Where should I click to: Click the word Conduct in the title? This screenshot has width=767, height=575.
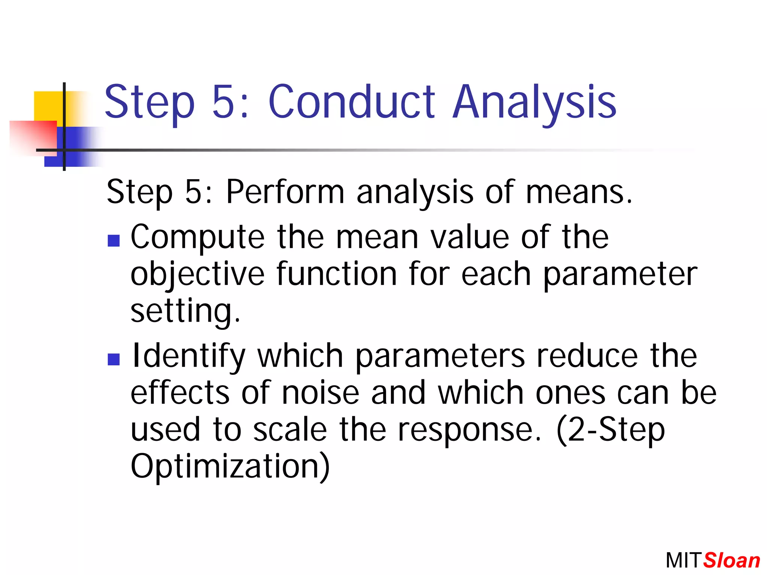click(351, 102)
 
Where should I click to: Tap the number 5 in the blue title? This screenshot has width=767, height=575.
click(224, 102)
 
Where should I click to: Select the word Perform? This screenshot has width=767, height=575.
click(285, 192)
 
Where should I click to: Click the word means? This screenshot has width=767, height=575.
click(578, 192)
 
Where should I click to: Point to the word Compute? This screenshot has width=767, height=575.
click(197, 238)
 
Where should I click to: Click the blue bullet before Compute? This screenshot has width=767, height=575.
click(113, 240)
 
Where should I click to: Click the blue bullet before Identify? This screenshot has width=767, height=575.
click(113, 359)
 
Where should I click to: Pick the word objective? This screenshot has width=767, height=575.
click(197, 274)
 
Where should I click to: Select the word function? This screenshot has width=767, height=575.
click(336, 274)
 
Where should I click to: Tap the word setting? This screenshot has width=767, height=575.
click(185, 311)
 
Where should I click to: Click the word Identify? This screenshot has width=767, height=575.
click(188, 356)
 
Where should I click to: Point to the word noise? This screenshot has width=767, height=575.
click(320, 393)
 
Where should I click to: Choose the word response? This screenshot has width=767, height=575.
click(469, 430)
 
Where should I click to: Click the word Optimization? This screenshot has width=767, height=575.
click(230, 466)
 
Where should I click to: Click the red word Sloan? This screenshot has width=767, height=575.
click(731, 561)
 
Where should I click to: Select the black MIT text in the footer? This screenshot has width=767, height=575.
click(682, 561)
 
